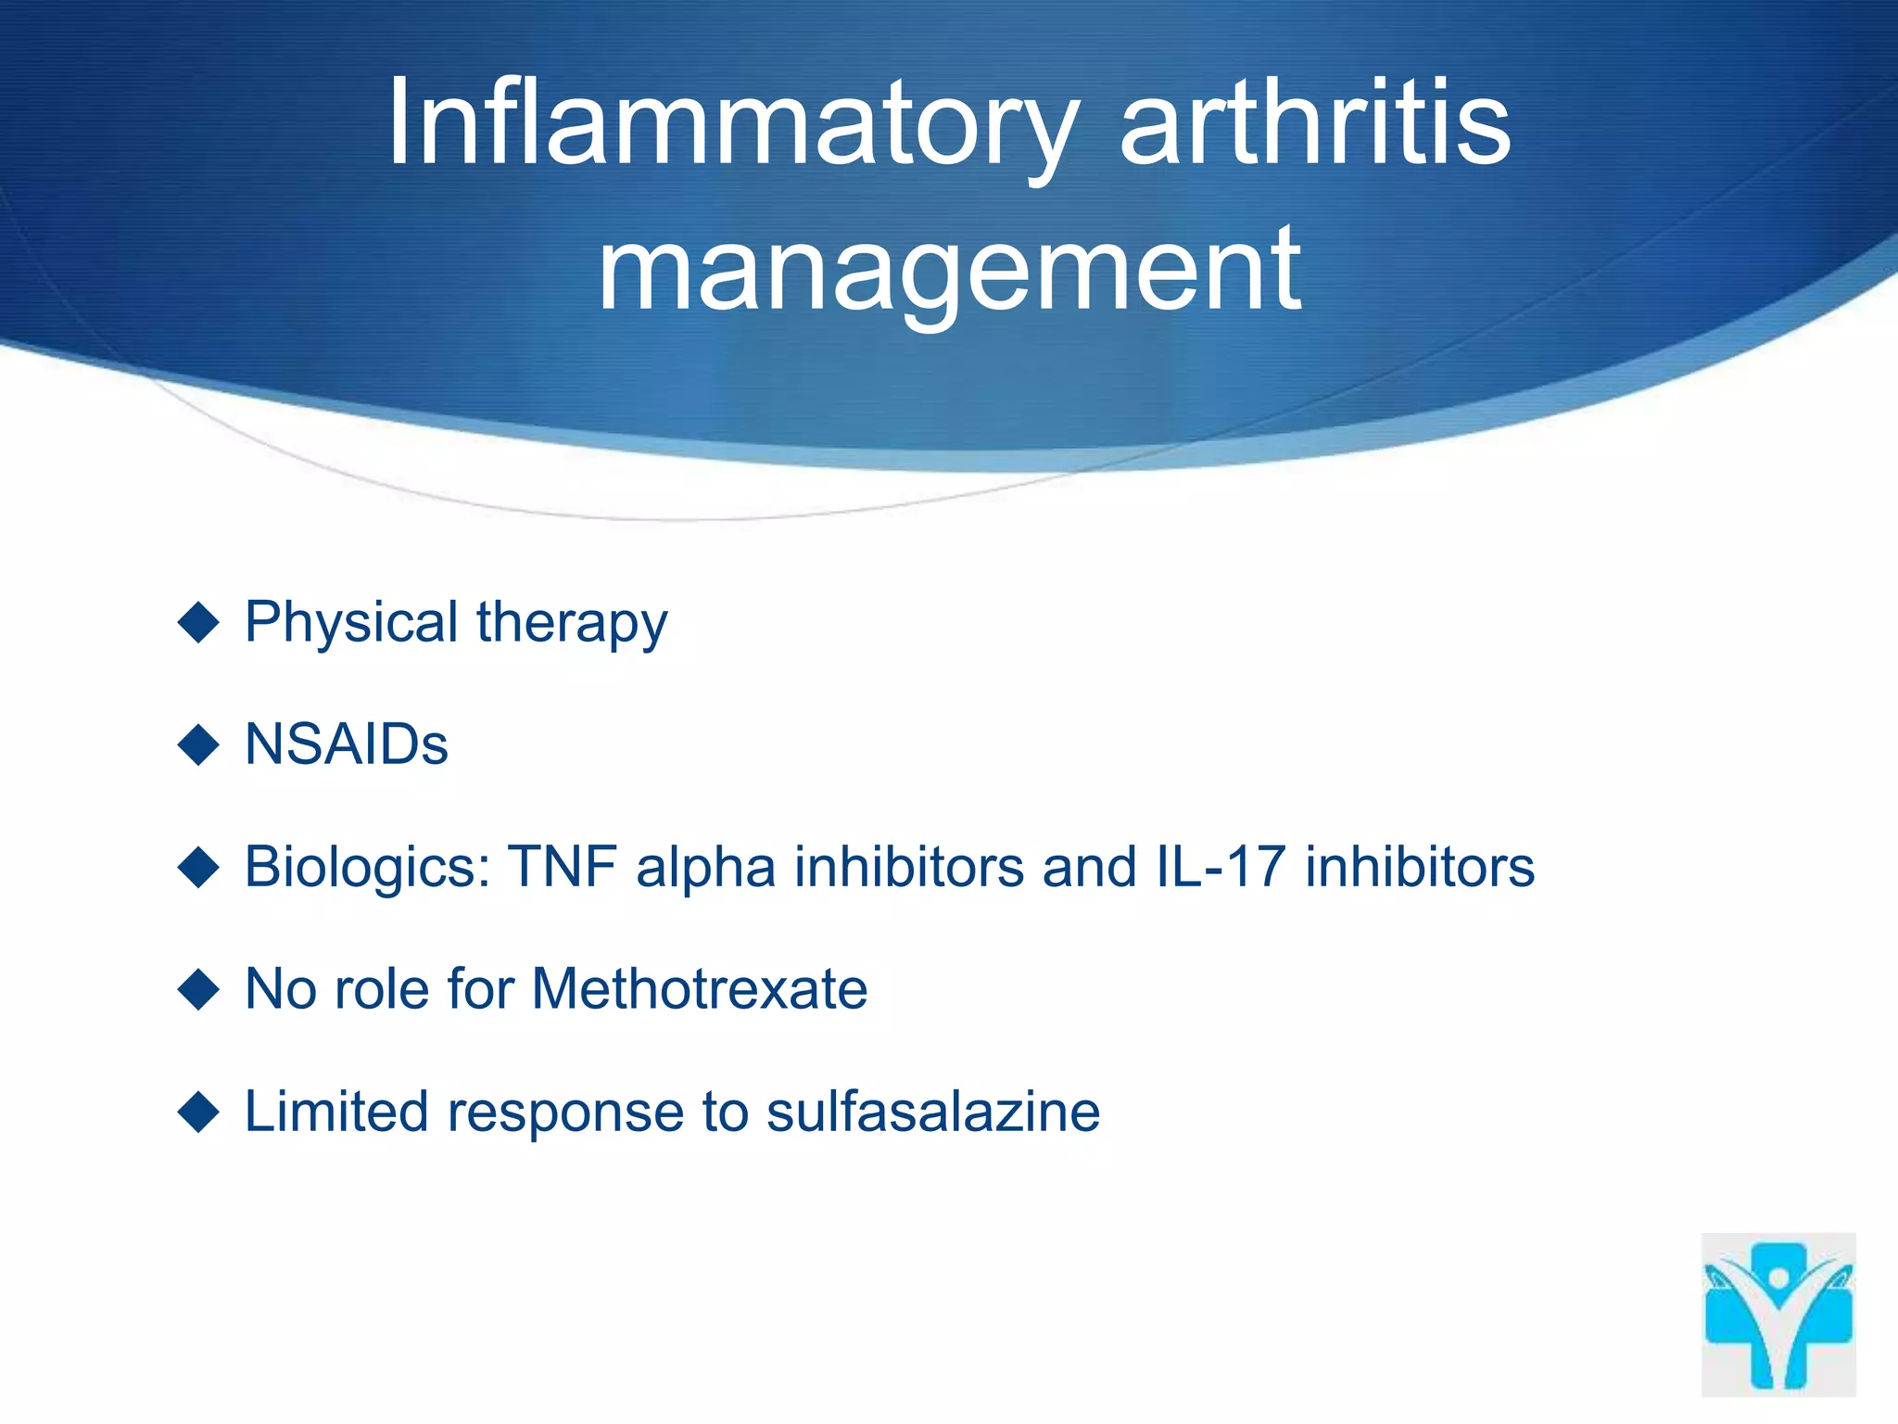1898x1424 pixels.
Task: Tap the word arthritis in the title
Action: point(1315,125)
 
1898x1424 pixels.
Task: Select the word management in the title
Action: point(949,270)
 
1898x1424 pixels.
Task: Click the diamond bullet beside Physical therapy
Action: point(197,621)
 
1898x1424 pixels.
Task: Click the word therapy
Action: point(572,623)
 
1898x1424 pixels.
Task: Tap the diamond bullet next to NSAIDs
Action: point(197,744)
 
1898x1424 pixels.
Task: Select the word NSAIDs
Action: point(347,744)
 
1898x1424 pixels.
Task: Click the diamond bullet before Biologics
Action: point(197,867)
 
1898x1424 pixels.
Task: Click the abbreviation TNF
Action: point(563,867)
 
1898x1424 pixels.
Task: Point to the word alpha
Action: point(705,869)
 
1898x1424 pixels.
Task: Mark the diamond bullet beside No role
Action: point(197,988)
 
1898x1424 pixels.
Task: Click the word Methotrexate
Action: point(700,988)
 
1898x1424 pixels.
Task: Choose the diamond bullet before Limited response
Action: point(197,1111)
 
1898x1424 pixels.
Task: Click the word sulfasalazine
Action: point(933,1111)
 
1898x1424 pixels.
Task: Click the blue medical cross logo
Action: point(1778,1315)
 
